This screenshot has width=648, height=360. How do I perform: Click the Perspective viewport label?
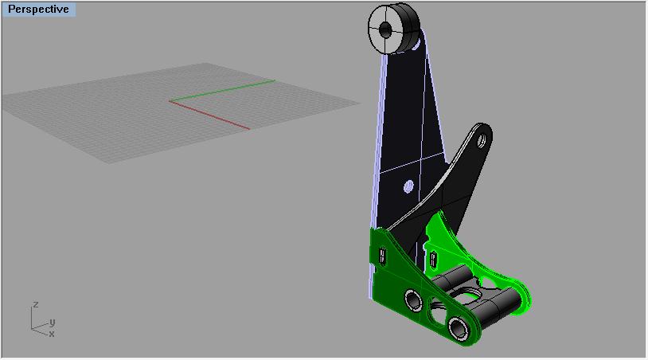38,9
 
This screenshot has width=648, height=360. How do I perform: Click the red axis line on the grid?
209,115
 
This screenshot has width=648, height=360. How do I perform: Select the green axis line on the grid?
222,91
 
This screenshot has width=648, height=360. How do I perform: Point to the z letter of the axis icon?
36,304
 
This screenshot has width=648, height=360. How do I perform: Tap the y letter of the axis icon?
52,322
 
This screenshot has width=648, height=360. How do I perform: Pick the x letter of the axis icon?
52,334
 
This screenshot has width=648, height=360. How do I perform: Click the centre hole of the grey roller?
385,29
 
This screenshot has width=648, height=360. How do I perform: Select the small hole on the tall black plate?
408,186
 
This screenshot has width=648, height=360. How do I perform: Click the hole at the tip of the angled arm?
482,141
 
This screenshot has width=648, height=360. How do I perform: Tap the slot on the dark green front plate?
382,256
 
